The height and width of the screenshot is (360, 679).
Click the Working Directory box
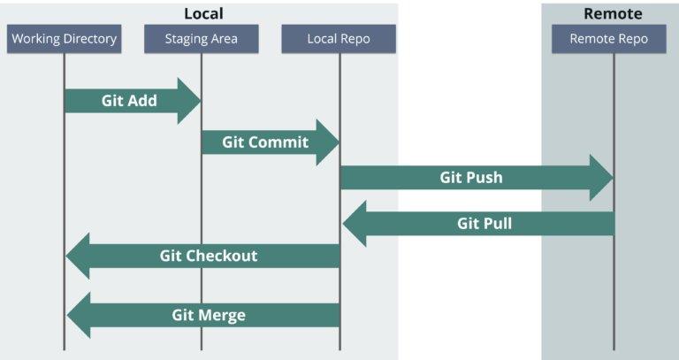pos(63,39)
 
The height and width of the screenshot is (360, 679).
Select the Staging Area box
pos(201,39)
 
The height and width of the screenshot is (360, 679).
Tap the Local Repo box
pos(339,39)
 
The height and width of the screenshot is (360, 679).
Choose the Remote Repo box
pos(608,39)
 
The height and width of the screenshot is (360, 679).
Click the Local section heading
pos(203,13)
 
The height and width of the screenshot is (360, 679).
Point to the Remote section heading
pos(613,13)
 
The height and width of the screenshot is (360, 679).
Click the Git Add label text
pos(129,101)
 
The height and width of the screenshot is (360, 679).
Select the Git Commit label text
pos(265,142)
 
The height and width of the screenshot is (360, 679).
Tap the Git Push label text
pos(471,177)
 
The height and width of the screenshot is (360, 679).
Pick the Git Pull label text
pos(484,224)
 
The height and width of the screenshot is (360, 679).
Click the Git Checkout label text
pos(209,256)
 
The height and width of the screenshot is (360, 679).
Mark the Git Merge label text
pos(209,315)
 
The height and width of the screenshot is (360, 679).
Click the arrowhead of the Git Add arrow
pos(190,101)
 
